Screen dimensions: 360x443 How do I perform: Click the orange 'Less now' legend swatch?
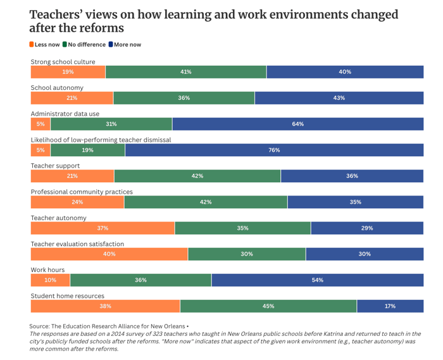(32, 45)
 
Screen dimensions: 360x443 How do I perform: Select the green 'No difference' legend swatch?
(65, 45)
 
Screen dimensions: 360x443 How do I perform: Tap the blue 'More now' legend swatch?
(111, 45)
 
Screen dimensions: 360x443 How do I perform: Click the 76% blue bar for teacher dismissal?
(274, 150)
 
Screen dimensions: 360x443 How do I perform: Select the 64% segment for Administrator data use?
(297, 124)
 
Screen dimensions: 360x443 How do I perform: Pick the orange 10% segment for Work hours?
(50, 280)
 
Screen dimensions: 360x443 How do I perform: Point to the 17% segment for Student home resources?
(390, 306)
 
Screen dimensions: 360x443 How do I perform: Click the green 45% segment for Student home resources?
(268, 306)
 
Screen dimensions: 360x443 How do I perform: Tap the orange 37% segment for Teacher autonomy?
(103, 228)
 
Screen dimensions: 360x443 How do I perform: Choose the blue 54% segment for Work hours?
(317, 280)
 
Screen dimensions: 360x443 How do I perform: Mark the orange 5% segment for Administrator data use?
(41, 124)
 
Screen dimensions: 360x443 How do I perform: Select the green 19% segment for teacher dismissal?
(87, 150)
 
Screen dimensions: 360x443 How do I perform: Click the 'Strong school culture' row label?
(63, 62)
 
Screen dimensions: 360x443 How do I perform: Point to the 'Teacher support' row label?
(56, 166)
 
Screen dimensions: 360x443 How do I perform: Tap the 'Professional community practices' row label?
(82, 192)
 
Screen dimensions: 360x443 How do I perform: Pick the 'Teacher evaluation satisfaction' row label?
(77, 244)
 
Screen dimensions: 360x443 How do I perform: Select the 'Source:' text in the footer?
(39, 326)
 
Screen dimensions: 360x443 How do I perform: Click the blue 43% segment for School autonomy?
(339, 98)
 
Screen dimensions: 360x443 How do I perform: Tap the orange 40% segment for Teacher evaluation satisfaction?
(109, 254)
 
